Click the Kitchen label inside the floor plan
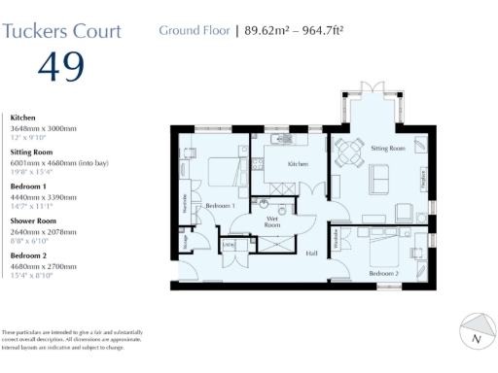[298, 165]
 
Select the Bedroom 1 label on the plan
[220, 206]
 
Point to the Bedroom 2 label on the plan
[383, 274]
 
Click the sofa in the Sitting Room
[379, 178]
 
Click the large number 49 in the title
[60, 67]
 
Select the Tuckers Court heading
[62, 30]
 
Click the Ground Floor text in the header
[194, 30]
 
